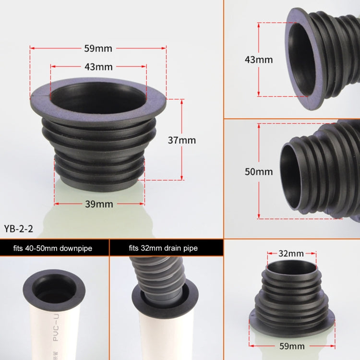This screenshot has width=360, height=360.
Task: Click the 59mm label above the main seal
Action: [98, 48]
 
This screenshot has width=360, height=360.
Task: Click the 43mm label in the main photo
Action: [98, 67]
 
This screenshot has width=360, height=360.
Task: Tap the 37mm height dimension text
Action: [182, 141]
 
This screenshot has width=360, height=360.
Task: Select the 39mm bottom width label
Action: [99, 204]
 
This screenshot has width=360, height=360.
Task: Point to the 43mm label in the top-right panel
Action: [259, 60]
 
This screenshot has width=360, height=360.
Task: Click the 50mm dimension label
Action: [259, 172]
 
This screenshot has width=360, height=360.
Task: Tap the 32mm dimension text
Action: [291, 253]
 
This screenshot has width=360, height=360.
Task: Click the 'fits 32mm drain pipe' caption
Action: [163, 248]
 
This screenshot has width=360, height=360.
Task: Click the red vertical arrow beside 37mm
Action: [182, 139]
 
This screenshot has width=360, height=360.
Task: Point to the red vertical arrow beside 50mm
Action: [259, 171]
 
